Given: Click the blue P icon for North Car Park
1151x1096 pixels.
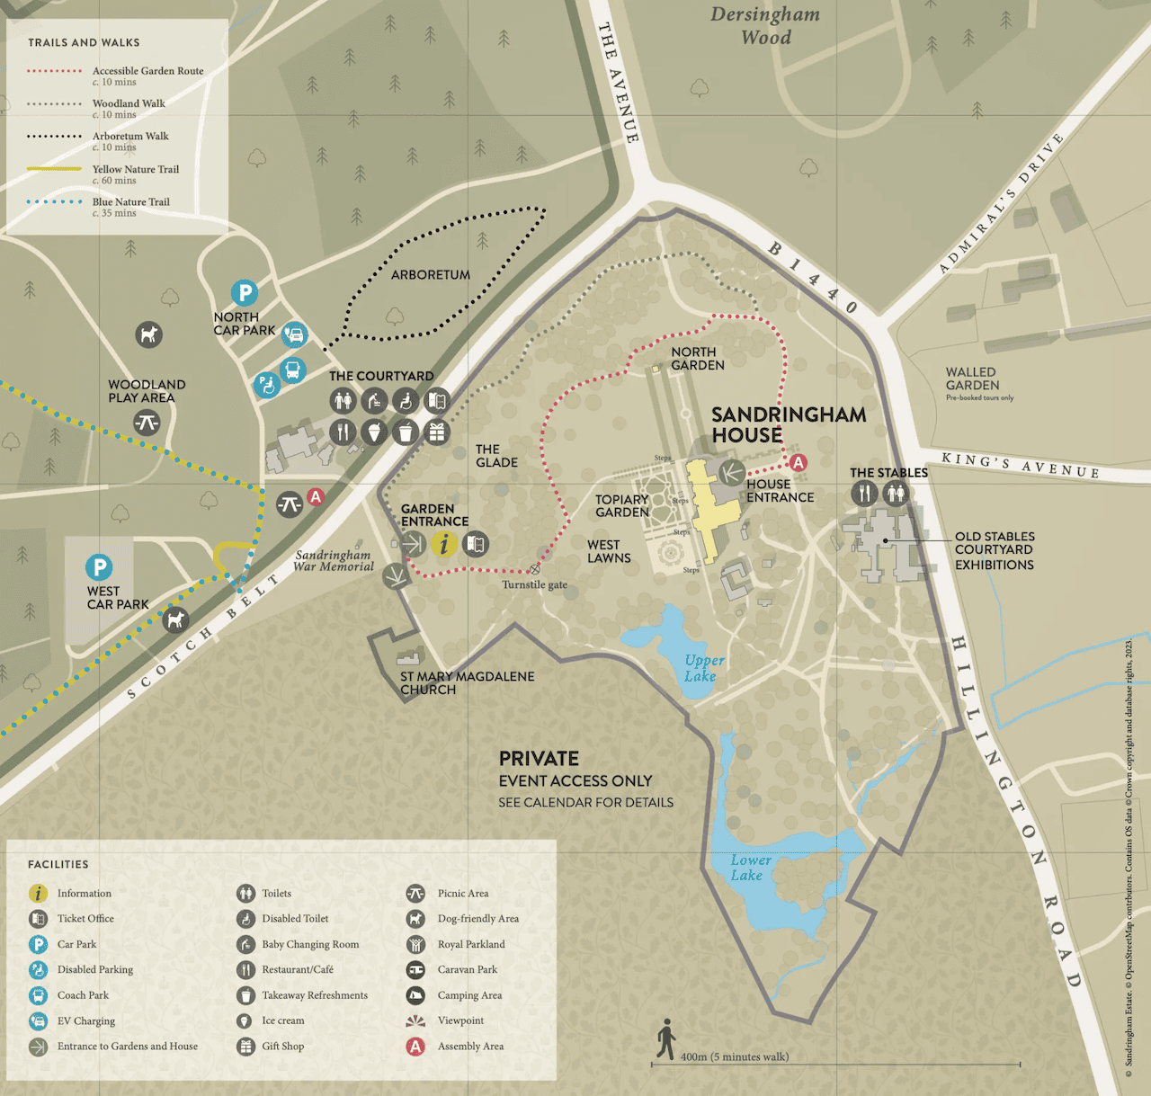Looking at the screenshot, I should tap(244, 292).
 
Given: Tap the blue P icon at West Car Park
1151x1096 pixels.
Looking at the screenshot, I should tap(99, 567).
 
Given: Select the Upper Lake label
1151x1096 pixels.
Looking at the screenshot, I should tap(703, 668).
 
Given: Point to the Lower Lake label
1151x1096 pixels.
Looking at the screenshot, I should tap(749, 868).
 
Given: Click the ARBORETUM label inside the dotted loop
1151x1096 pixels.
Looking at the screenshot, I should tap(430, 275).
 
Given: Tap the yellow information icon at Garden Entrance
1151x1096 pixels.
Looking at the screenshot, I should tap(443, 543).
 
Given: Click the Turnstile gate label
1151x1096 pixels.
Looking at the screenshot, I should tap(534, 584).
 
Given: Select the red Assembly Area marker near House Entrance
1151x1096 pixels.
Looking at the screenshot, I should tap(797, 462).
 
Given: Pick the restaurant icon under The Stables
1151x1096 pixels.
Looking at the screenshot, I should tap(863, 493).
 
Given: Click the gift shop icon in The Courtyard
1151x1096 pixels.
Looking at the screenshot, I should tap(437, 432).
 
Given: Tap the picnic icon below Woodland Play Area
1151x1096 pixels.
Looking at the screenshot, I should tap(147, 422).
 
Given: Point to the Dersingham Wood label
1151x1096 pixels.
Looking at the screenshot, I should tap(765, 26).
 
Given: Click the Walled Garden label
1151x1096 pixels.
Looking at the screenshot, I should tap(972, 379).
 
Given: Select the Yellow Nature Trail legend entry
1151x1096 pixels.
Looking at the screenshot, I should tap(135, 169).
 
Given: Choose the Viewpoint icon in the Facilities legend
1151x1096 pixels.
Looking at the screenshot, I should tap(415, 1020).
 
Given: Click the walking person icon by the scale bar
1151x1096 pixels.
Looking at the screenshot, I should tap(665, 1039).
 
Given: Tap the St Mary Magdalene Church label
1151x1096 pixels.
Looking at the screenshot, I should tap(467, 682).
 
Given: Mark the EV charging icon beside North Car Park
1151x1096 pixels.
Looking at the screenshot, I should tap(294, 335).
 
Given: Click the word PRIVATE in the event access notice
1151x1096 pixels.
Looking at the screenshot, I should tap(539, 758).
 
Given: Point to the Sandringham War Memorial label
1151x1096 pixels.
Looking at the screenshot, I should tap(334, 561).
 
